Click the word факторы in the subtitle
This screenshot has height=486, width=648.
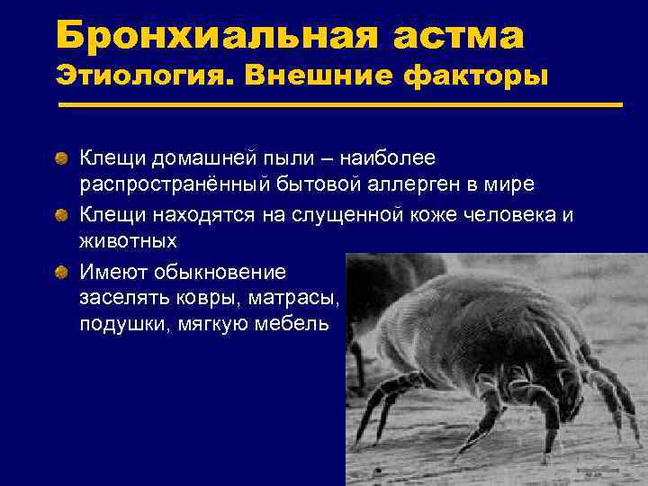[478, 76]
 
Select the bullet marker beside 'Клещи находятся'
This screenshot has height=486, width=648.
[59, 215]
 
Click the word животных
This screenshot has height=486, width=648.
[129, 241]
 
